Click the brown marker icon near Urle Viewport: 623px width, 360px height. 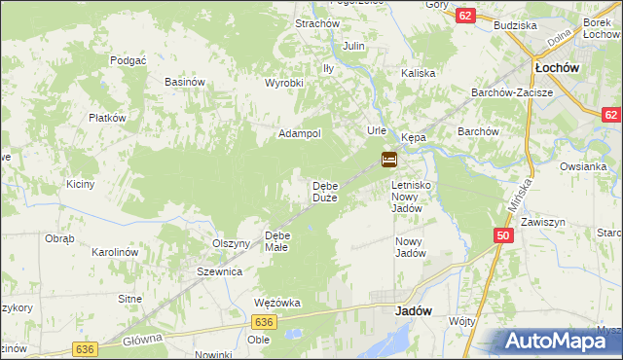388,159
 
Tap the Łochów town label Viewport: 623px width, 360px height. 558,68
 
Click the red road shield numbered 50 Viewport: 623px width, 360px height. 502,235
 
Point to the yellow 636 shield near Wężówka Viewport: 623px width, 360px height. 262,321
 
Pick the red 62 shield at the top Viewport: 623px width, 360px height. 465,16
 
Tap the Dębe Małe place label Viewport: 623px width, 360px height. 277,241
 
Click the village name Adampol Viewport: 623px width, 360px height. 300,133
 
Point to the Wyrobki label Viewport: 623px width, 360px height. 284,83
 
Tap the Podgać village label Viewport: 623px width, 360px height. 128,59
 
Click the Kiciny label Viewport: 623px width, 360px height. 80,184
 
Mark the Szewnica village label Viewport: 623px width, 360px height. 219,271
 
